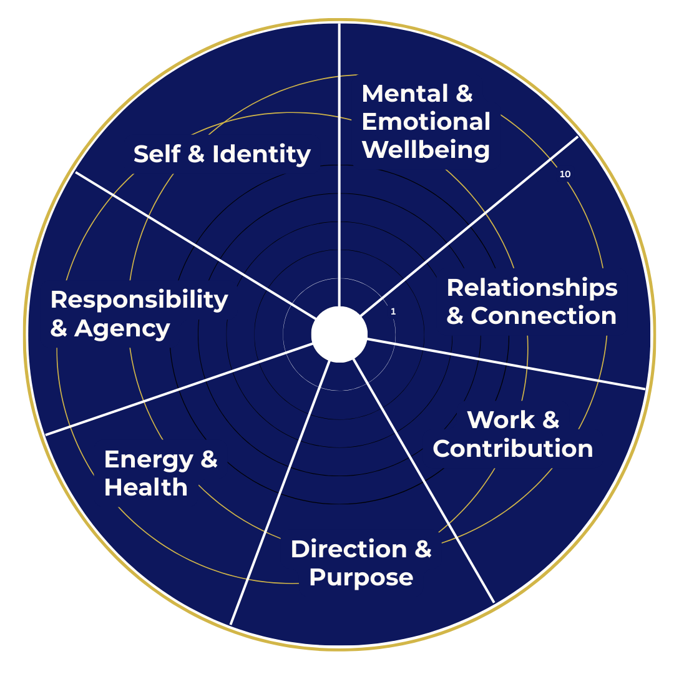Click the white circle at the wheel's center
339,335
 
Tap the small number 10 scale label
565,175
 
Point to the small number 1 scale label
393,311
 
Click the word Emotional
426,122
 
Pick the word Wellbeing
426,150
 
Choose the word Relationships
532,288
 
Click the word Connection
544,316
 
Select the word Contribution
512,449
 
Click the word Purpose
361,578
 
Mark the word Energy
149,460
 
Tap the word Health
145,487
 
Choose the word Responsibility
139,300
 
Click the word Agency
122,329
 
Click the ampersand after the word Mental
464,94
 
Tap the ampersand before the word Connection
455,316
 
